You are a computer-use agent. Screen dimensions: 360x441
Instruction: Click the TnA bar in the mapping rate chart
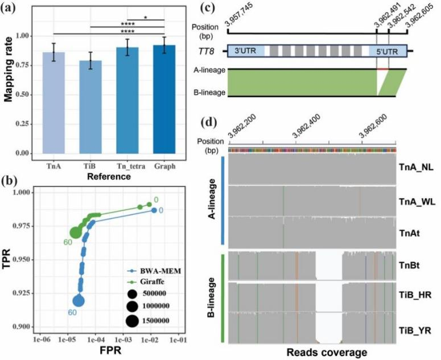57,103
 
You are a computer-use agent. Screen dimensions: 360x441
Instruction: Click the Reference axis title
110,177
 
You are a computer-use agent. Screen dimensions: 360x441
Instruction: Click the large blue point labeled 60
79,301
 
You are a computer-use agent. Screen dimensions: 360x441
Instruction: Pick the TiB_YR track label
414,328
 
